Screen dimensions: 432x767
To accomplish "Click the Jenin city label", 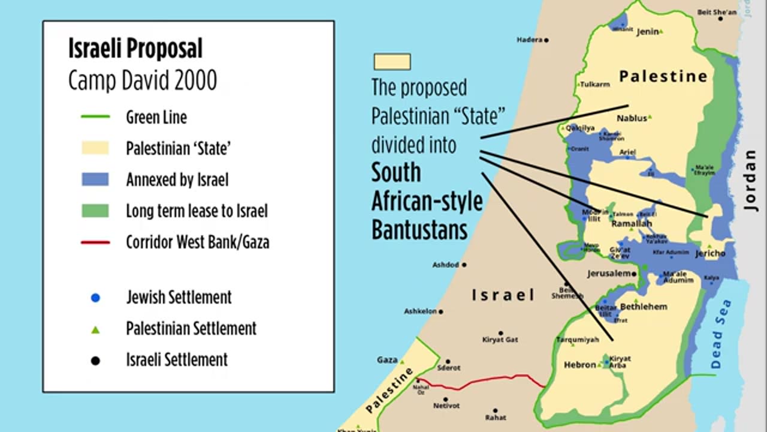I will pyautogui.click(x=648, y=32).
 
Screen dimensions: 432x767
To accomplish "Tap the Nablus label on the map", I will pyautogui.click(x=632, y=118).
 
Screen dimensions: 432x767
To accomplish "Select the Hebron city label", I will pyautogui.click(x=579, y=365).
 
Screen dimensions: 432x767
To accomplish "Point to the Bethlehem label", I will pyautogui.click(x=643, y=307).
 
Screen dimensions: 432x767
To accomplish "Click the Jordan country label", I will pyautogui.click(x=750, y=180).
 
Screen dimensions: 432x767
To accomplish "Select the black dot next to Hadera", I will pyautogui.click(x=546, y=40).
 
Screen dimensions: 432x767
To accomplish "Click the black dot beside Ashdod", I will pyautogui.click(x=464, y=265).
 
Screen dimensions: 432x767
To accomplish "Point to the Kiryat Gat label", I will pyautogui.click(x=500, y=340).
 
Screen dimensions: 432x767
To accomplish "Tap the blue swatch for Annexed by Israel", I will pyautogui.click(x=95, y=179).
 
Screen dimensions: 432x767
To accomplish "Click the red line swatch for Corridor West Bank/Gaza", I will pyautogui.click(x=95, y=242).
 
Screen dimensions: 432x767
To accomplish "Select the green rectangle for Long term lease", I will pyautogui.click(x=95, y=211).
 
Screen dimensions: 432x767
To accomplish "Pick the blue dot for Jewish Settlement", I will pyautogui.click(x=95, y=298).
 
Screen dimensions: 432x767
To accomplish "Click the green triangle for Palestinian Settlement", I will pyautogui.click(x=95, y=329).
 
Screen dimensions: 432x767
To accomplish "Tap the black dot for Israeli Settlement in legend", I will pyautogui.click(x=95, y=361).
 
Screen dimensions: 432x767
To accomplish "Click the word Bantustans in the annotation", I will pyautogui.click(x=419, y=229).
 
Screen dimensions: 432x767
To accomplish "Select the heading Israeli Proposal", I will pyautogui.click(x=135, y=49).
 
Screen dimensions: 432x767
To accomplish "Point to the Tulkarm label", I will pyautogui.click(x=594, y=85).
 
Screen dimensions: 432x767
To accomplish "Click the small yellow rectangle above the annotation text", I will pyautogui.click(x=392, y=62).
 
